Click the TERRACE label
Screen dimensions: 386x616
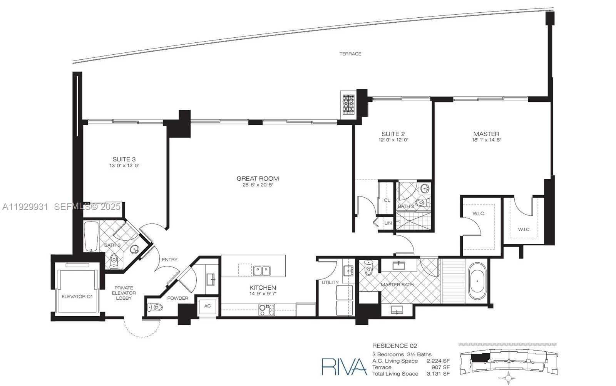coord(350,54)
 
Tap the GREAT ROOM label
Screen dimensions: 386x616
coord(258,178)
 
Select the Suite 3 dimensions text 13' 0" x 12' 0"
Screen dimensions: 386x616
coord(124,166)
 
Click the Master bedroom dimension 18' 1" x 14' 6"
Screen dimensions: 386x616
coord(486,140)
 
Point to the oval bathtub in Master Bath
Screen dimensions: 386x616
coord(477,282)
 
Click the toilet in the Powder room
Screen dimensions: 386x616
coord(155,307)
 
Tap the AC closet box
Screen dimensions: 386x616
coord(208,306)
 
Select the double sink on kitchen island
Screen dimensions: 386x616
coord(261,270)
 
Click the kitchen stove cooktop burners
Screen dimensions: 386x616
coord(266,308)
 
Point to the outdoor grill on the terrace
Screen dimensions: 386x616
coord(349,103)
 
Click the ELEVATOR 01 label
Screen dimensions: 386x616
coord(77,296)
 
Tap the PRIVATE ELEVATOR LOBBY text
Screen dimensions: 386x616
coord(124,293)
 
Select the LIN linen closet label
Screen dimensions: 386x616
coord(388,223)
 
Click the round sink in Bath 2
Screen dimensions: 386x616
coord(425,189)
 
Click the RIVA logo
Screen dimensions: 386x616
coord(344,366)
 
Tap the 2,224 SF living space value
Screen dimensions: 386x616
coord(438,361)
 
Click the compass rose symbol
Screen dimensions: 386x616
coord(509,378)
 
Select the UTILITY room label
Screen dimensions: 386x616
coord(330,282)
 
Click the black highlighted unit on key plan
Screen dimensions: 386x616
coord(480,357)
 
